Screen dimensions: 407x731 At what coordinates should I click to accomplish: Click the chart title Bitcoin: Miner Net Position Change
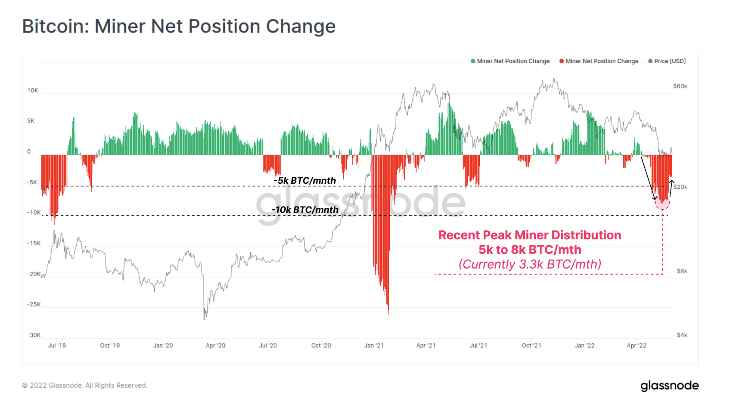[179, 26]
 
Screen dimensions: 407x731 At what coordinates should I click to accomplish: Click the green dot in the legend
[473, 61]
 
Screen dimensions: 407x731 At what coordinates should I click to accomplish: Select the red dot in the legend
[561, 61]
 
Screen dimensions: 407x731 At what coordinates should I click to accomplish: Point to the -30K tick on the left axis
[34, 335]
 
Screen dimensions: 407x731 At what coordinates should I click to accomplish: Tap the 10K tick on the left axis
[33, 90]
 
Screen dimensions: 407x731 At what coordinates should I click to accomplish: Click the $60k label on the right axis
[680, 86]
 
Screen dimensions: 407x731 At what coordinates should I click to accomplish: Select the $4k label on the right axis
[682, 335]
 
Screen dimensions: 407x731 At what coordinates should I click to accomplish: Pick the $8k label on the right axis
[682, 271]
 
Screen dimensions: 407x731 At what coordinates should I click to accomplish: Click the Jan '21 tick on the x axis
[374, 345]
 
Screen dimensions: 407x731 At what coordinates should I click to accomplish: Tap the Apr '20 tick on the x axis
[215, 345]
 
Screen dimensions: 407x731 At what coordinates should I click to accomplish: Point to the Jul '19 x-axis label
[57, 345]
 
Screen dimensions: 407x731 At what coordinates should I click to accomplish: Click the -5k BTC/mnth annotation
[305, 181]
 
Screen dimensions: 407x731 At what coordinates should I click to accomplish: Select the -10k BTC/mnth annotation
[305, 210]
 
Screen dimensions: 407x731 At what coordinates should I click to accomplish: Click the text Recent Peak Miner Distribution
[529, 235]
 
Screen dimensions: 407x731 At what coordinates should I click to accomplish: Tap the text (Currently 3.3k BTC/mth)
[529, 264]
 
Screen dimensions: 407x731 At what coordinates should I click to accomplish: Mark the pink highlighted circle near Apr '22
[662, 202]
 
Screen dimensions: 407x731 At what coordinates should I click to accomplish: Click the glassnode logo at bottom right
[669, 386]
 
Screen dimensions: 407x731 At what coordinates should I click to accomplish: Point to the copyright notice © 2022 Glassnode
[84, 385]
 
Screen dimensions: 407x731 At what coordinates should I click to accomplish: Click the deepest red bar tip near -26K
[388, 312]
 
